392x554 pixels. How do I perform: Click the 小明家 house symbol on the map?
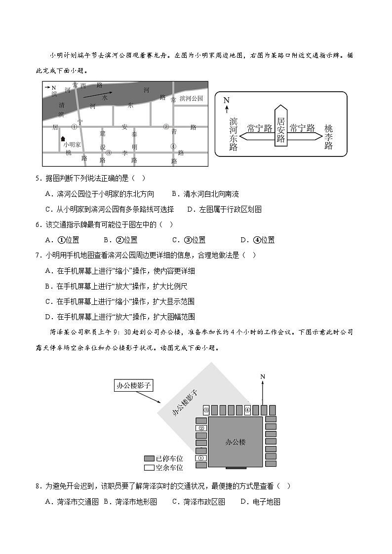63,139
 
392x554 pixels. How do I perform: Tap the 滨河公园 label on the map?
191,99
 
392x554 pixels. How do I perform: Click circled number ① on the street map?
74,126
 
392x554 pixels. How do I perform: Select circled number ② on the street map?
166,127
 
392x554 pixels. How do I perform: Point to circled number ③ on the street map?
109,152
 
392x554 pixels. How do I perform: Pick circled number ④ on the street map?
173,146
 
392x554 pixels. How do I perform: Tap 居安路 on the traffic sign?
281,130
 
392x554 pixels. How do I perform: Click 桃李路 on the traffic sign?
329,137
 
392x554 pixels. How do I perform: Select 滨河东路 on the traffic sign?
234,134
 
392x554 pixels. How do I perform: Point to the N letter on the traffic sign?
226,101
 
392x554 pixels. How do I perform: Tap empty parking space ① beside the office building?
201,458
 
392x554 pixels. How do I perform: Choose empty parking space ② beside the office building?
201,428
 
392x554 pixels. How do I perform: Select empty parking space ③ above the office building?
207,410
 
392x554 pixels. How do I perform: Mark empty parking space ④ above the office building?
247,410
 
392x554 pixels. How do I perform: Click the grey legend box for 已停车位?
149,458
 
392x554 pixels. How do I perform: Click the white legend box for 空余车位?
149,467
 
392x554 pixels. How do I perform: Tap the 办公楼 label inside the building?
235,442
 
